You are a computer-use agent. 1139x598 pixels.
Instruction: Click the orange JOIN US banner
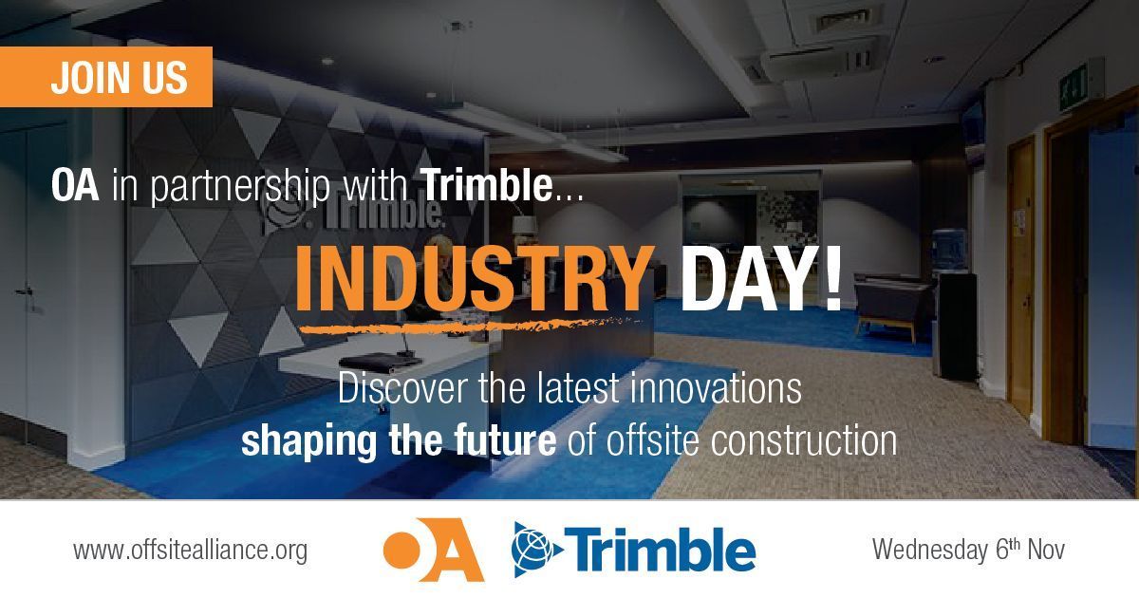pyautogui.click(x=106, y=76)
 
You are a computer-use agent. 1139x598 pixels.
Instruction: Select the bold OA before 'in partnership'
pyautogui.click(x=75, y=186)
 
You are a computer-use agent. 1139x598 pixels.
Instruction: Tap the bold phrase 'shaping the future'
pyautogui.click(x=398, y=440)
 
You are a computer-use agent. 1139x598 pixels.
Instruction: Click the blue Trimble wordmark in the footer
pyautogui.click(x=664, y=549)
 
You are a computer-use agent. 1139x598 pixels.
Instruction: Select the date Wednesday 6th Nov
pyautogui.click(x=968, y=550)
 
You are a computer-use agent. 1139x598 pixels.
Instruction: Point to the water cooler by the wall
pyautogui.click(x=953, y=304)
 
